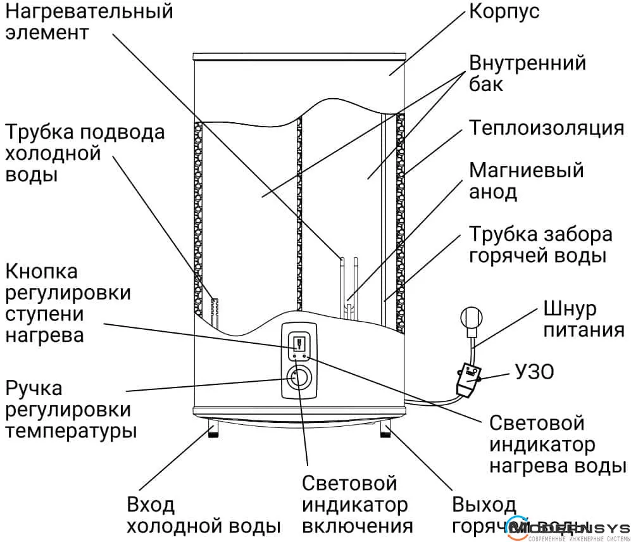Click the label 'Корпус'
tap(504, 12)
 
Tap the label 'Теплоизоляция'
tap(547, 128)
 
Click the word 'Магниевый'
tap(526, 171)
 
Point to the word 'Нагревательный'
tap(89, 11)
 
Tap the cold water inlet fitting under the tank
tap(213, 431)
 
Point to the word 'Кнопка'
tap(42, 272)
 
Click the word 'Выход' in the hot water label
tap(484, 505)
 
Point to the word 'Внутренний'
tap(527, 63)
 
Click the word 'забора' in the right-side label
tap(577, 234)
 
